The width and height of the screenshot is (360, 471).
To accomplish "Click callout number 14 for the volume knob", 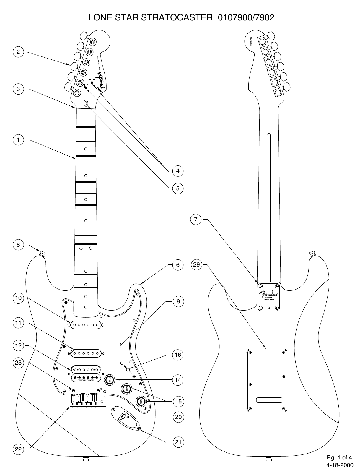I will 178,380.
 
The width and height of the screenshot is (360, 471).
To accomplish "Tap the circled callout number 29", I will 197,264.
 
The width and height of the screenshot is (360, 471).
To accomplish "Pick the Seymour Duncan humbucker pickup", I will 86,373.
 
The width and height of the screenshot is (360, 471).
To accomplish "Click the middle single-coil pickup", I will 86,353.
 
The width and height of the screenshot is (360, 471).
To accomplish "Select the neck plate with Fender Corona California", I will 268,296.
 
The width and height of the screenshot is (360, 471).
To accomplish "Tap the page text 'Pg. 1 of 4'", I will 339,458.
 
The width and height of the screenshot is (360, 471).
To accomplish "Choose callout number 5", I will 178,188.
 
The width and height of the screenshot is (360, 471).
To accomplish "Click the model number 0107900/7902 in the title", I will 246,18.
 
